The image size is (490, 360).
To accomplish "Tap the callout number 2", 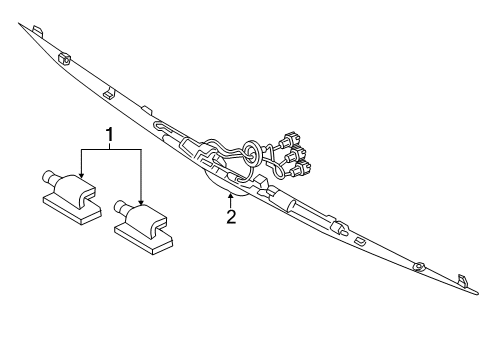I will tap(231, 216).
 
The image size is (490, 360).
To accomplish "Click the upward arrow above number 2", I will tap(231, 196).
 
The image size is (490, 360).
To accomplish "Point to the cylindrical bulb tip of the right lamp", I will tap(122, 208).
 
